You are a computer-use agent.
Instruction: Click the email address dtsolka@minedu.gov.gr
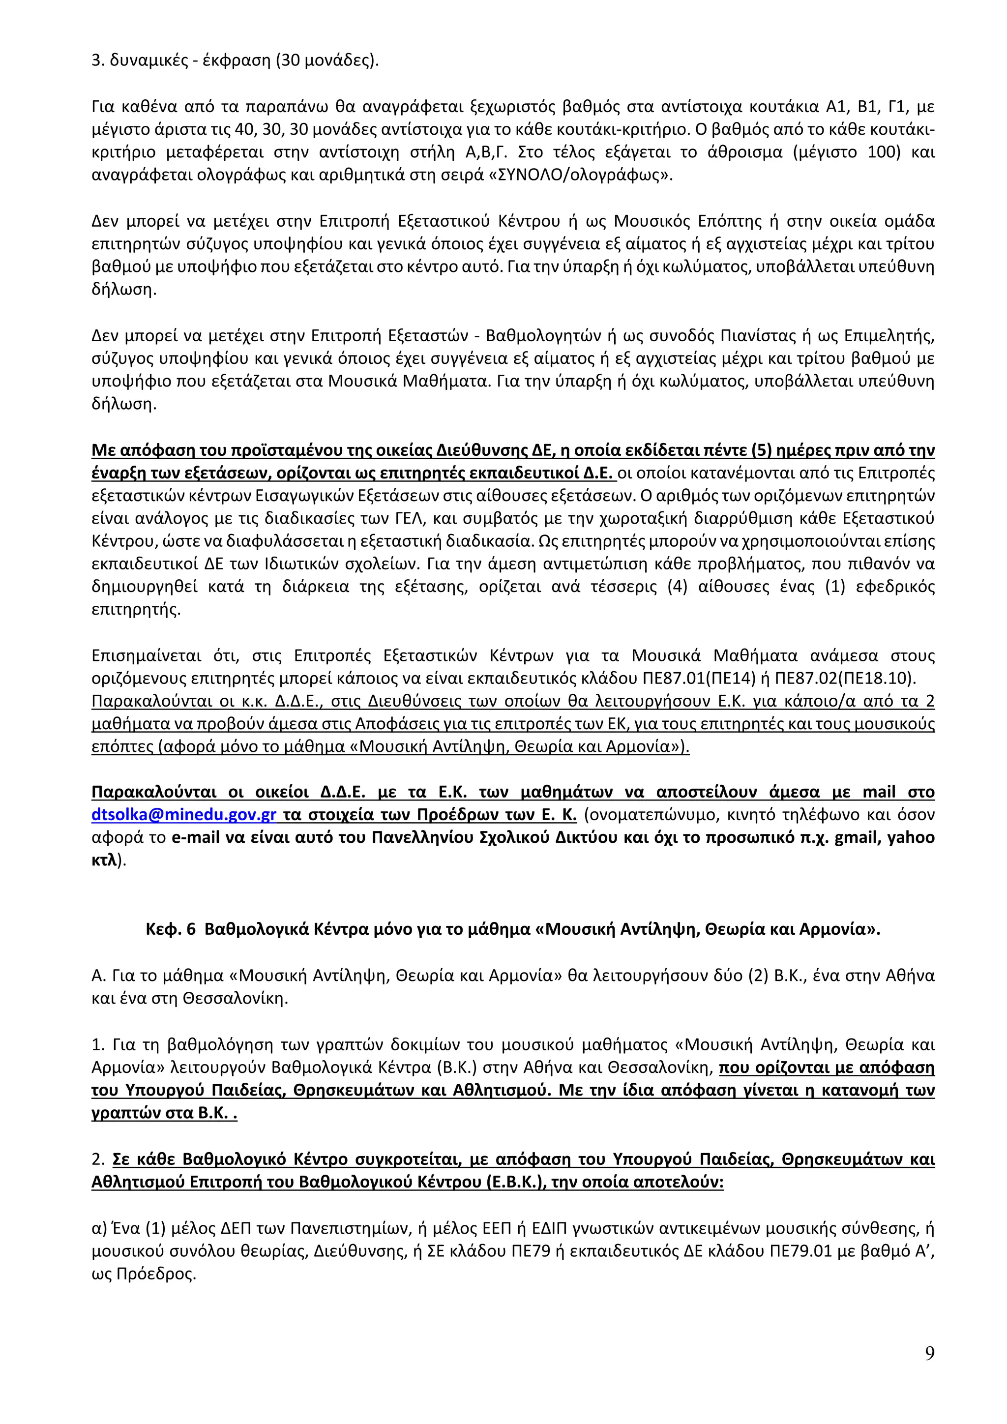pos(183,815)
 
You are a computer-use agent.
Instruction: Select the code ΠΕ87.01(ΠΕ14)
pos(706,679)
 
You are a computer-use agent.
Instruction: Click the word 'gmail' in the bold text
pos(858,838)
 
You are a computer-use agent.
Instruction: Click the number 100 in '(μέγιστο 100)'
pos(884,152)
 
